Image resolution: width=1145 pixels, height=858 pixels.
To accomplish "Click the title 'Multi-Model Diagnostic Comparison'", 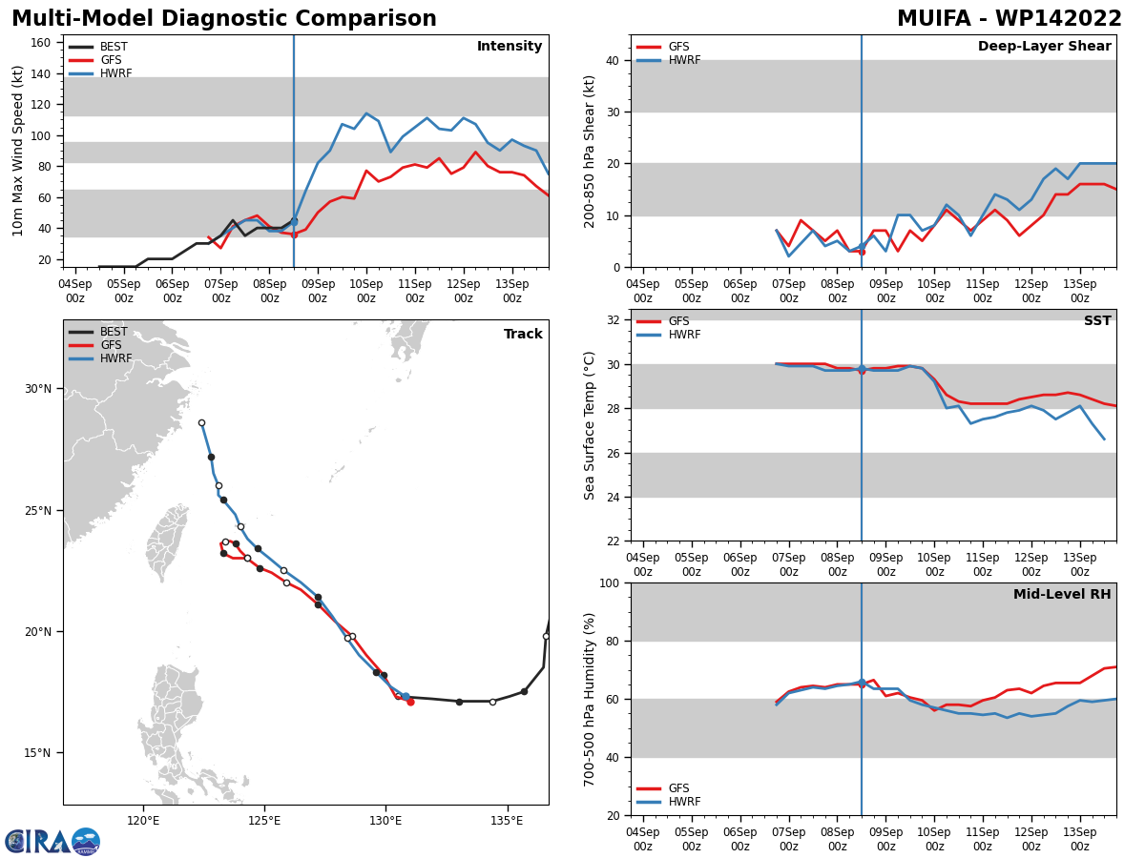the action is (x=224, y=18).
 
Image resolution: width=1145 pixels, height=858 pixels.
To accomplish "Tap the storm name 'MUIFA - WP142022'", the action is (x=1009, y=18).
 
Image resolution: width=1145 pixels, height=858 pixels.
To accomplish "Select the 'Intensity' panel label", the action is (x=510, y=46).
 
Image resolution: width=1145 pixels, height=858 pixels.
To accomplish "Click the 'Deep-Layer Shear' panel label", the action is (x=1044, y=46).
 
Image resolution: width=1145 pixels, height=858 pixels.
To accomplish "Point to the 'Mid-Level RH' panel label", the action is (x=1062, y=594).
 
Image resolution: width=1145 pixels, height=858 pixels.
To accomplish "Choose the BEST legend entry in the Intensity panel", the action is (x=98, y=47).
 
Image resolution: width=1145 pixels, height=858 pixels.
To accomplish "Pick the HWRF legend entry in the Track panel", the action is (x=100, y=358).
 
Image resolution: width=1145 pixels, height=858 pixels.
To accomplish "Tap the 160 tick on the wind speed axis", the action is (x=40, y=43).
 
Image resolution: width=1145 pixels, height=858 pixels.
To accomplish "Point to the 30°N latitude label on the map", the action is (x=38, y=389).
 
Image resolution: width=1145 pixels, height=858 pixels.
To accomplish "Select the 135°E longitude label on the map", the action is (x=507, y=821).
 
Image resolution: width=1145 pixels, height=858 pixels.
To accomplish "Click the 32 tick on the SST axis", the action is (x=614, y=320).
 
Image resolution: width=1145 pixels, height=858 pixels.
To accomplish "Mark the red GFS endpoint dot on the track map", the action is (x=410, y=703).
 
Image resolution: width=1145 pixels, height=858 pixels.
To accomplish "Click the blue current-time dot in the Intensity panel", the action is (x=294, y=222).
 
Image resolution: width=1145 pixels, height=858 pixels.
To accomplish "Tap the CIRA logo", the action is (x=52, y=842).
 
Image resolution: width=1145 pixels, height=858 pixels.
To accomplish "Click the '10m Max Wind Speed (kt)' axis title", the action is (x=17, y=151).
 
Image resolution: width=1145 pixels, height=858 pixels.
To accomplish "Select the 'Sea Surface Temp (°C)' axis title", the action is (x=589, y=425).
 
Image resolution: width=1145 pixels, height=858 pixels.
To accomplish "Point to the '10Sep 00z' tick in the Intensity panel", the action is (x=366, y=291).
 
